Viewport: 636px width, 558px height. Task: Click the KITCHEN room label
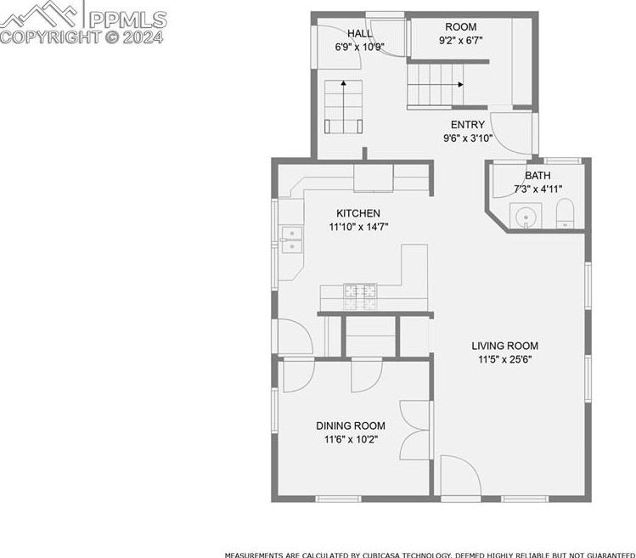pyautogui.click(x=357, y=213)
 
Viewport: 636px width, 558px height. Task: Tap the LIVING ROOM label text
pyautogui.click(x=505, y=346)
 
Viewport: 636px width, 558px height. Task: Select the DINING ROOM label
pyautogui.click(x=351, y=426)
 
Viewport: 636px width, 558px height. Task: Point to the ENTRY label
pyautogui.click(x=467, y=125)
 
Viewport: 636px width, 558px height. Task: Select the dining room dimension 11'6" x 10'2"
pyautogui.click(x=351, y=439)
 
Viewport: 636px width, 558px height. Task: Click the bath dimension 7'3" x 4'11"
pyautogui.click(x=538, y=189)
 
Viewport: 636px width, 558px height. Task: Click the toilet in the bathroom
pyautogui.click(x=566, y=214)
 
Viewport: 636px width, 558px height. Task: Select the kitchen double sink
pyautogui.click(x=291, y=240)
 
